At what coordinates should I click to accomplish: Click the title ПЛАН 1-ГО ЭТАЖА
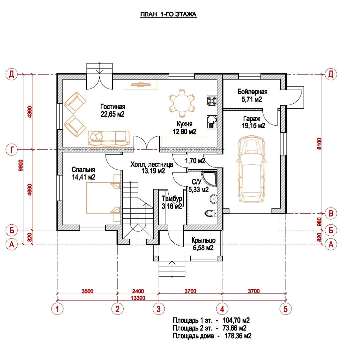pyautogui.click(x=168, y=15)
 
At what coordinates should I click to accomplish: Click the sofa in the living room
pyautogui.click(x=109, y=138)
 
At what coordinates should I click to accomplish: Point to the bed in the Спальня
pyautogui.click(x=103, y=198)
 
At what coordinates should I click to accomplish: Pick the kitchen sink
pyautogui.click(x=212, y=122)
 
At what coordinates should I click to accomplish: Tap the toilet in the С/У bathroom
pyautogui.click(x=209, y=213)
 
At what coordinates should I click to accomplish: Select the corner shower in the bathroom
pyautogui.click(x=210, y=178)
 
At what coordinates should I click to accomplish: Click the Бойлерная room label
pyautogui.click(x=252, y=92)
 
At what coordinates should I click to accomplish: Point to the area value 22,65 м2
pyautogui.click(x=113, y=114)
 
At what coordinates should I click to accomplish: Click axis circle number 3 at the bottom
pyautogui.click(x=159, y=309)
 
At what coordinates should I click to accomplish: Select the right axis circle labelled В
pyautogui.click(x=331, y=213)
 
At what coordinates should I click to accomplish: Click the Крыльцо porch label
pyautogui.click(x=203, y=240)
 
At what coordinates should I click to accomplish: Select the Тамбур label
pyautogui.click(x=171, y=198)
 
